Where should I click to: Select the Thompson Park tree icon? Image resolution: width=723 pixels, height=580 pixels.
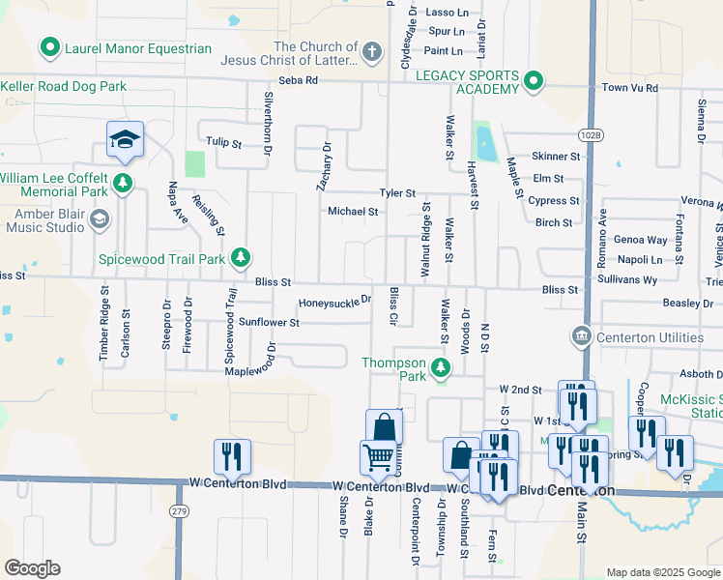(441, 366)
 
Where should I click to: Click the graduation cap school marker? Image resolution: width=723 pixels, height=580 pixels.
(125, 141)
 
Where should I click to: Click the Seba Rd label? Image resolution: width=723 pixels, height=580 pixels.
(299, 80)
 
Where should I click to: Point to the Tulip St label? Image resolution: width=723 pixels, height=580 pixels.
(222, 142)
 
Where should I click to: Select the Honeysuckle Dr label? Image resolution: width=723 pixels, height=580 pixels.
(334, 302)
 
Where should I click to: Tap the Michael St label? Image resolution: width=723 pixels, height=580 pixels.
(352, 211)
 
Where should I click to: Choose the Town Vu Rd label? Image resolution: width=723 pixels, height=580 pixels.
(630, 88)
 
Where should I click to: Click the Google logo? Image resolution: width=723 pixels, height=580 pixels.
(32, 568)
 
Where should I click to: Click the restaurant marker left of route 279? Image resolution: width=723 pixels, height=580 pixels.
(232, 455)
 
